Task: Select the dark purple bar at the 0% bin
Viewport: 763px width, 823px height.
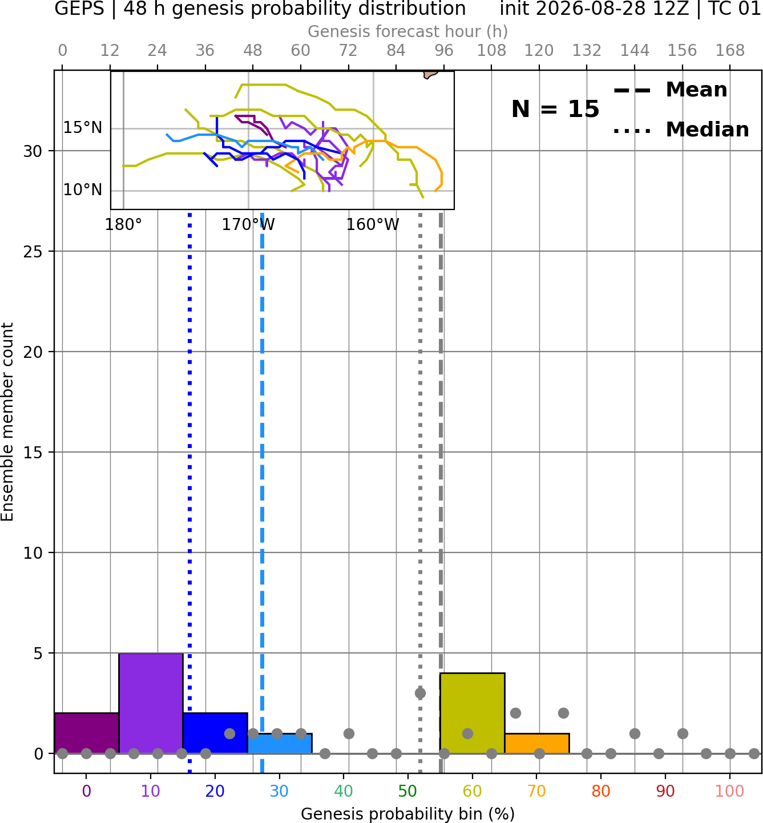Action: pyautogui.click(x=87, y=733)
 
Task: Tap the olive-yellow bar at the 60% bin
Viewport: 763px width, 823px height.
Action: pyautogui.click(x=472, y=713)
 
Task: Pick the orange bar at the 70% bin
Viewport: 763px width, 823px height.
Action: pyautogui.click(x=536, y=744)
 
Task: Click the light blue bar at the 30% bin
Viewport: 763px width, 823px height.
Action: pyautogui.click(x=280, y=744)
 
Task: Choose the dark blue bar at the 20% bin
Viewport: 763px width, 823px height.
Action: pyautogui.click(x=215, y=733)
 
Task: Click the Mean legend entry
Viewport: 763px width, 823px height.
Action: pyautogui.click(x=670, y=90)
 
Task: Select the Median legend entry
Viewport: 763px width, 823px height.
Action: pyautogui.click(x=681, y=130)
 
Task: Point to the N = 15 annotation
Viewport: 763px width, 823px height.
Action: pyautogui.click(x=555, y=109)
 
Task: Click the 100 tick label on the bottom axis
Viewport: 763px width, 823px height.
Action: pyautogui.click(x=730, y=791)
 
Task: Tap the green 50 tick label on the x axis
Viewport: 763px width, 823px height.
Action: pyautogui.click(x=407, y=791)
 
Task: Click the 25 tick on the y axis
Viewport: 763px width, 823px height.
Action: pyautogui.click(x=33, y=252)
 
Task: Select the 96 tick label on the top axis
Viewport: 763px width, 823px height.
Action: pyautogui.click(x=444, y=51)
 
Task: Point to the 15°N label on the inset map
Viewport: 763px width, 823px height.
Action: pyautogui.click(x=83, y=128)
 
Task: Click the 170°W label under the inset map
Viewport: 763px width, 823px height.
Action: pyautogui.click(x=248, y=225)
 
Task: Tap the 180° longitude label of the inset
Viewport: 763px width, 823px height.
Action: pyautogui.click(x=123, y=225)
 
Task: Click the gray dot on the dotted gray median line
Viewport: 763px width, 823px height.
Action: pyautogui.click(x=420, y=693)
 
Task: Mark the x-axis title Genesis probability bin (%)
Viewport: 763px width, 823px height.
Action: pyautogui.click(x=407, y=814)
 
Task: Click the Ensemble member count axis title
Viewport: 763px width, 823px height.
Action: pyautogui.click(x=7, y=422)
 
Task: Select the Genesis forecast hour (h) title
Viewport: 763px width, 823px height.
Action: pyautogui.click(x=407, y=31)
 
